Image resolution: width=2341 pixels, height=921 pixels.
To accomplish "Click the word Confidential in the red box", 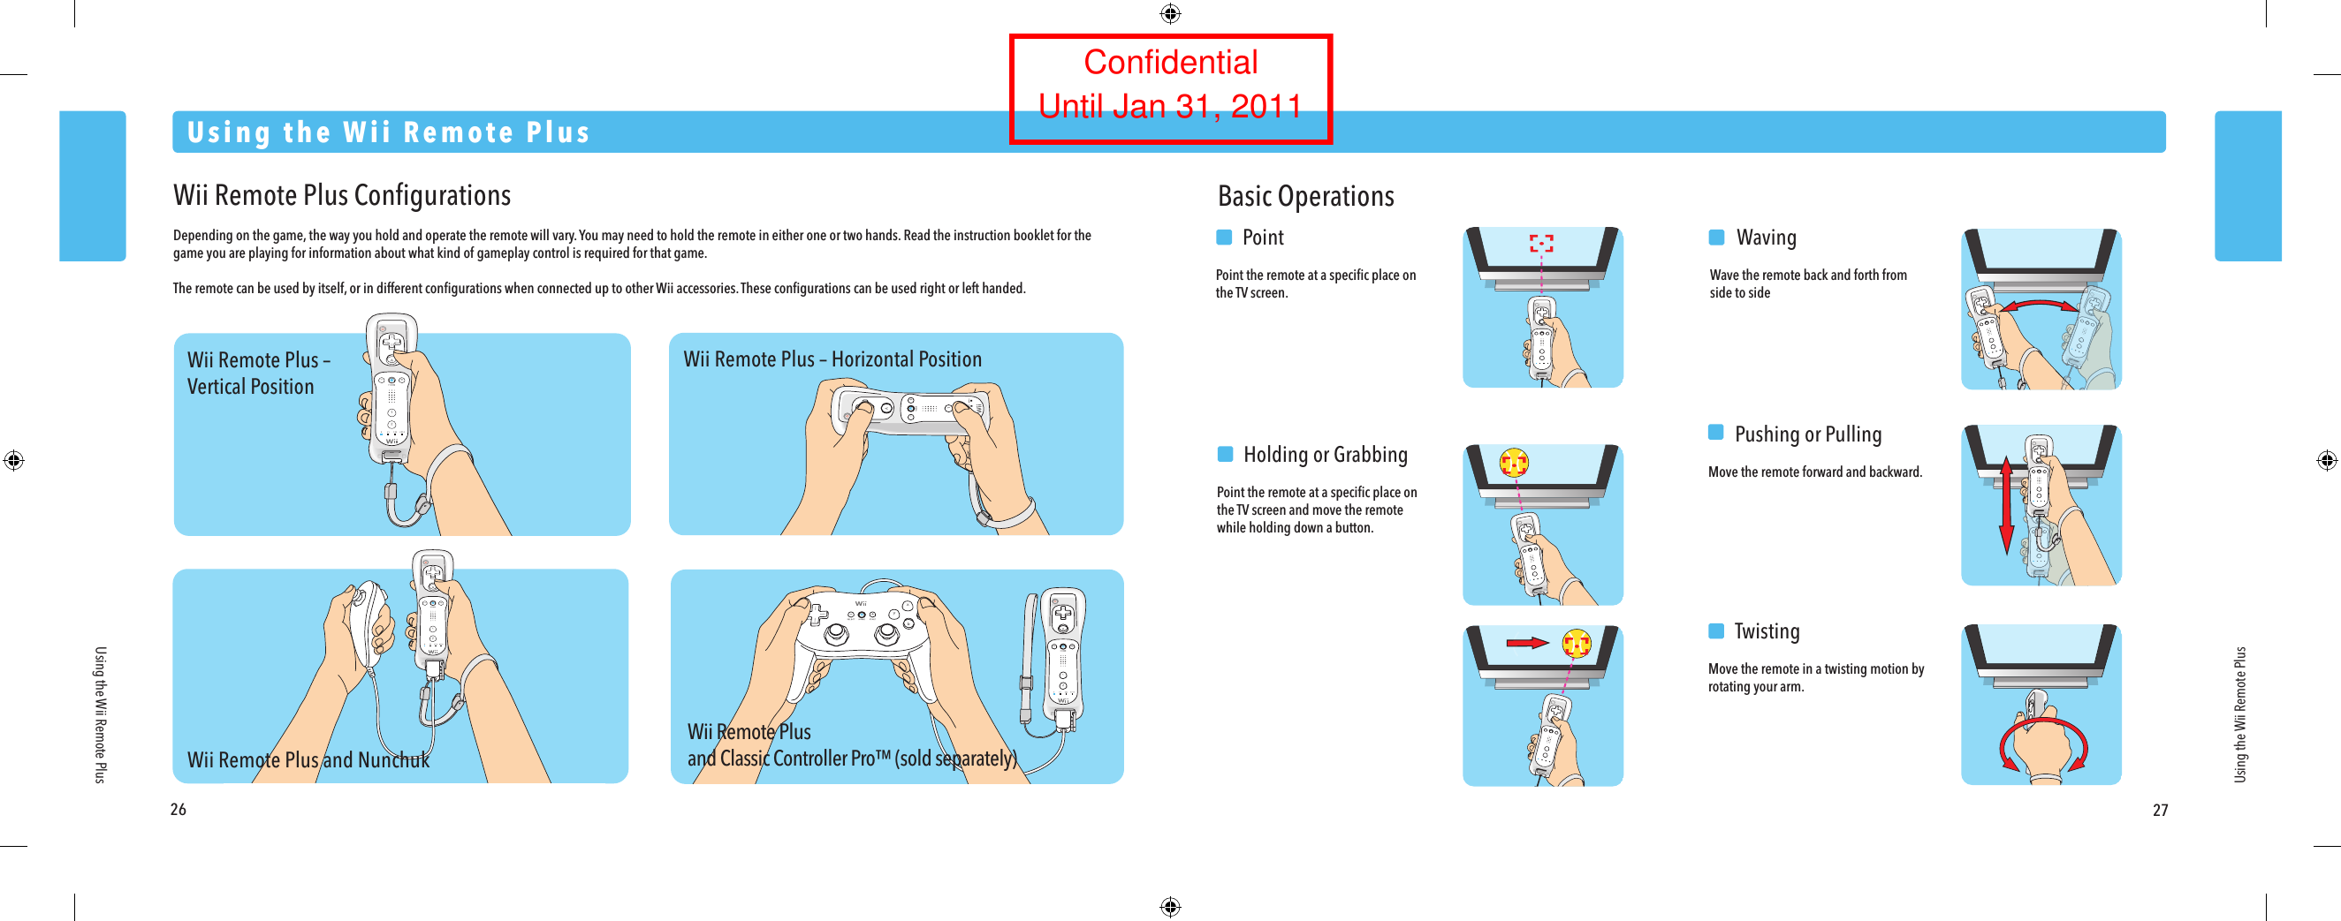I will pyautogui.click(x=1169, y=63).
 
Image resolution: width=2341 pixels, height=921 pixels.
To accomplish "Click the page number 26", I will pyautogui.click(x=179, y=809).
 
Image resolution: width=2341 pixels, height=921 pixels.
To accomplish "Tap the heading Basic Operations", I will pyautogui.click(x=1305, y=196).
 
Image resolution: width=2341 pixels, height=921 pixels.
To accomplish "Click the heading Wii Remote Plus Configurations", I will pyautogui.click(x=342, y=195).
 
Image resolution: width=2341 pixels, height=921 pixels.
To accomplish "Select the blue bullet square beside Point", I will pyautogui.click(x=1224, y=237).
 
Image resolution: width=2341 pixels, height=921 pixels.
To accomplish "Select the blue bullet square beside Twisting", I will pyautogui.click(x=1716, y=630).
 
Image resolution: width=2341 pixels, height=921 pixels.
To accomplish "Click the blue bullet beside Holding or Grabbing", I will pyautogui.click(x=1225, y=454).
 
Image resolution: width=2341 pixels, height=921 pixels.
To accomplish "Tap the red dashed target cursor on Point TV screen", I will pyautogui.click(x=1540, y=244).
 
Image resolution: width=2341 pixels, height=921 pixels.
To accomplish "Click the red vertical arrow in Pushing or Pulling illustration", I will pyautogui.click(x=2007, y=505).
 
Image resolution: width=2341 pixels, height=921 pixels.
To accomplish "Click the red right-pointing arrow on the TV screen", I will pyautogui.click(x=1527, y=643).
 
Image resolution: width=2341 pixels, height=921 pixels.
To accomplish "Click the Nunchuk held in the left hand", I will pyautogui.click(x=371, y=620).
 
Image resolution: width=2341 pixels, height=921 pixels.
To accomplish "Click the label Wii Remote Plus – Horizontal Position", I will pyautogui.click(x=832, y=359).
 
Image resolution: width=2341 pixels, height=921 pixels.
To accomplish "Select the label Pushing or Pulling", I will pyautogui.click(x=1807, y=434).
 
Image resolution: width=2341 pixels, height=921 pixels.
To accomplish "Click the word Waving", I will pyautogui.click(x=1766, y=238).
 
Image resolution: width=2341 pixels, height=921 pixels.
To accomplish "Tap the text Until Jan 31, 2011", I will pyautogui.click(x=1169, y=107).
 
